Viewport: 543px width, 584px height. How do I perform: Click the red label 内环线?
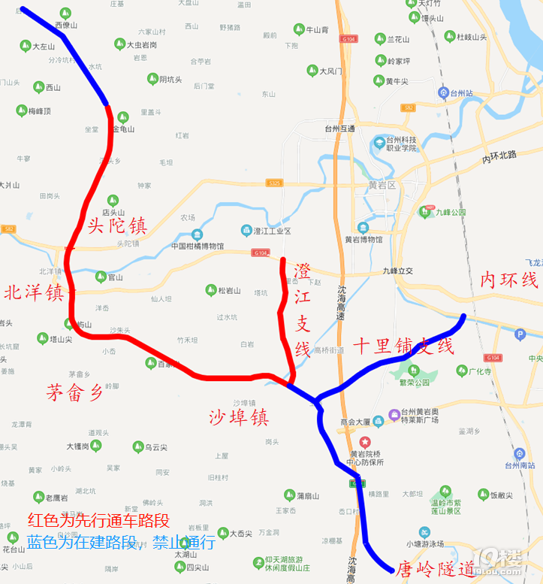(x=509, y=280)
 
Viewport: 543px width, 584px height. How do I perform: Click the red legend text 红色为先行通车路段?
(x=98, y=520)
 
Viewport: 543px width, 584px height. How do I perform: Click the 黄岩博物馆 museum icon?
(x=364, y=228)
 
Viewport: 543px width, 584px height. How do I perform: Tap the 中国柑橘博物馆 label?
(x=198, y=246)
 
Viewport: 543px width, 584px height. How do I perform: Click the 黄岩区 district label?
(x=382, y=184)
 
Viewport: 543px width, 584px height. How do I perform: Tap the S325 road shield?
(x=274, y=183)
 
